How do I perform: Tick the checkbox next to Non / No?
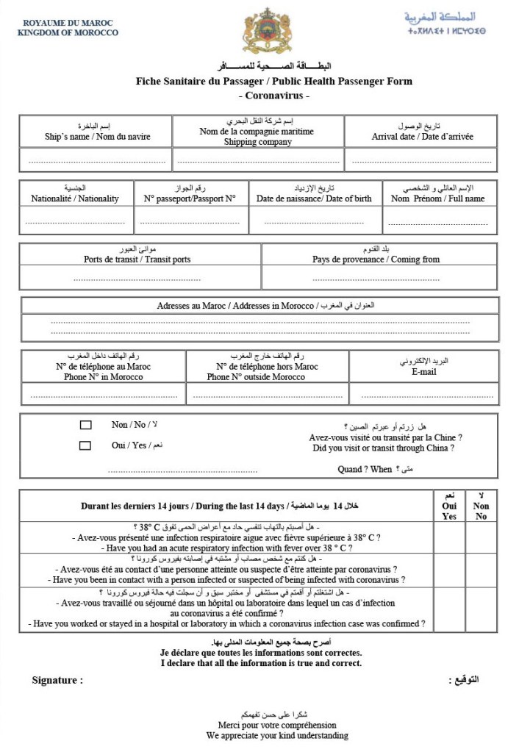click(x=85, y=425)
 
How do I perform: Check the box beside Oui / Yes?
click(x=85, y=445)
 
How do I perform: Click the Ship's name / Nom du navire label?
click(x=98, y=137)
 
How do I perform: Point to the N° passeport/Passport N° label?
click(x=190, y=198)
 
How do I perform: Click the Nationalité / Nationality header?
click(x=75, y=198)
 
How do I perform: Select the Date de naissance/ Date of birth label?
click(x=314, y=198)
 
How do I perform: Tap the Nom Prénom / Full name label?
click(x=437, y=198)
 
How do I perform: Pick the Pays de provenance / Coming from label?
click(x=376, y=259)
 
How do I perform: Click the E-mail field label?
click(x=424, y=372)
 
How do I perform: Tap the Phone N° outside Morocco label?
click(x=256, y=377)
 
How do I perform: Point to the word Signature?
click(x=57, y=680)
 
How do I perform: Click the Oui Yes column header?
click(x=449, y=511)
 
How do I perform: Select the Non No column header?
click(x=481, y=511)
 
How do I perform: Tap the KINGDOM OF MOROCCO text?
click(x=68, y=33)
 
